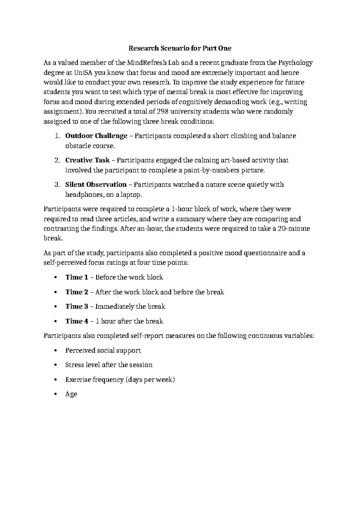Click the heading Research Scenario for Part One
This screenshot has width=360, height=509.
(180, 48)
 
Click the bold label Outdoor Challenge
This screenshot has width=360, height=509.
(96, 136)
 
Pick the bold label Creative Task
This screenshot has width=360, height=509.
(88, 160)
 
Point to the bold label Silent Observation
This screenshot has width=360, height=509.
(96, 185)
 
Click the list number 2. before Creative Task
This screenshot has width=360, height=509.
(58, 160)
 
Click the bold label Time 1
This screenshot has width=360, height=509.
(77, 277)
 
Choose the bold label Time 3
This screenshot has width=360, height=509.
(77, 306)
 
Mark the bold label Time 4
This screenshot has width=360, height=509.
(77, 321)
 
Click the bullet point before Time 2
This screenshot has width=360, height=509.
(55, 292)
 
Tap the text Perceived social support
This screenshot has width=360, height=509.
(103, 350)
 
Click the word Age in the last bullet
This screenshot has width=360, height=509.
(71, 394)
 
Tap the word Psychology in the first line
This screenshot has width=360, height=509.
(295, 63)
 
